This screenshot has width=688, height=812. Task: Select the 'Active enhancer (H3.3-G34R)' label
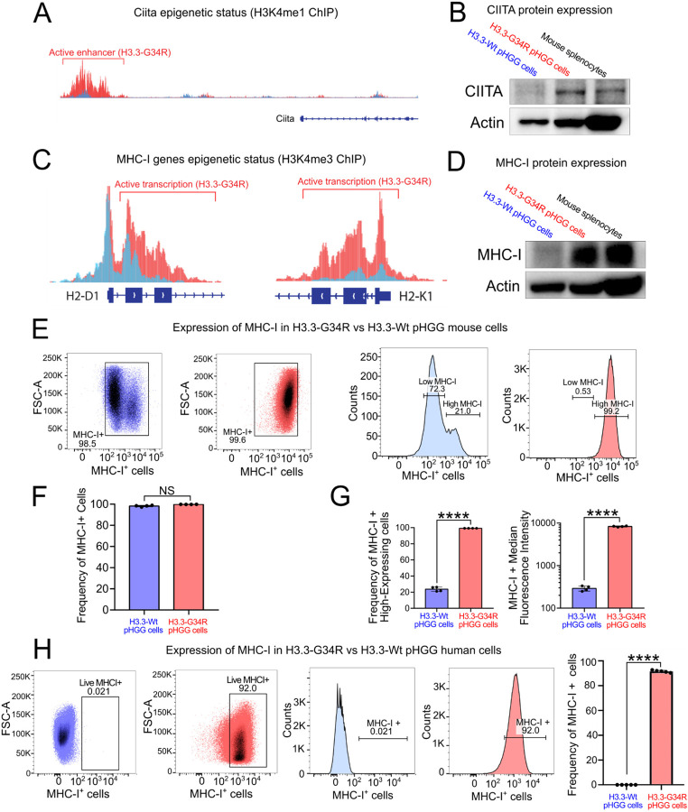click(91, 53)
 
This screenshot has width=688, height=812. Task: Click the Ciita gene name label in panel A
click(286, 117)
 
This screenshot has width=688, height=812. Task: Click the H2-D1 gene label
click(75, 295)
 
